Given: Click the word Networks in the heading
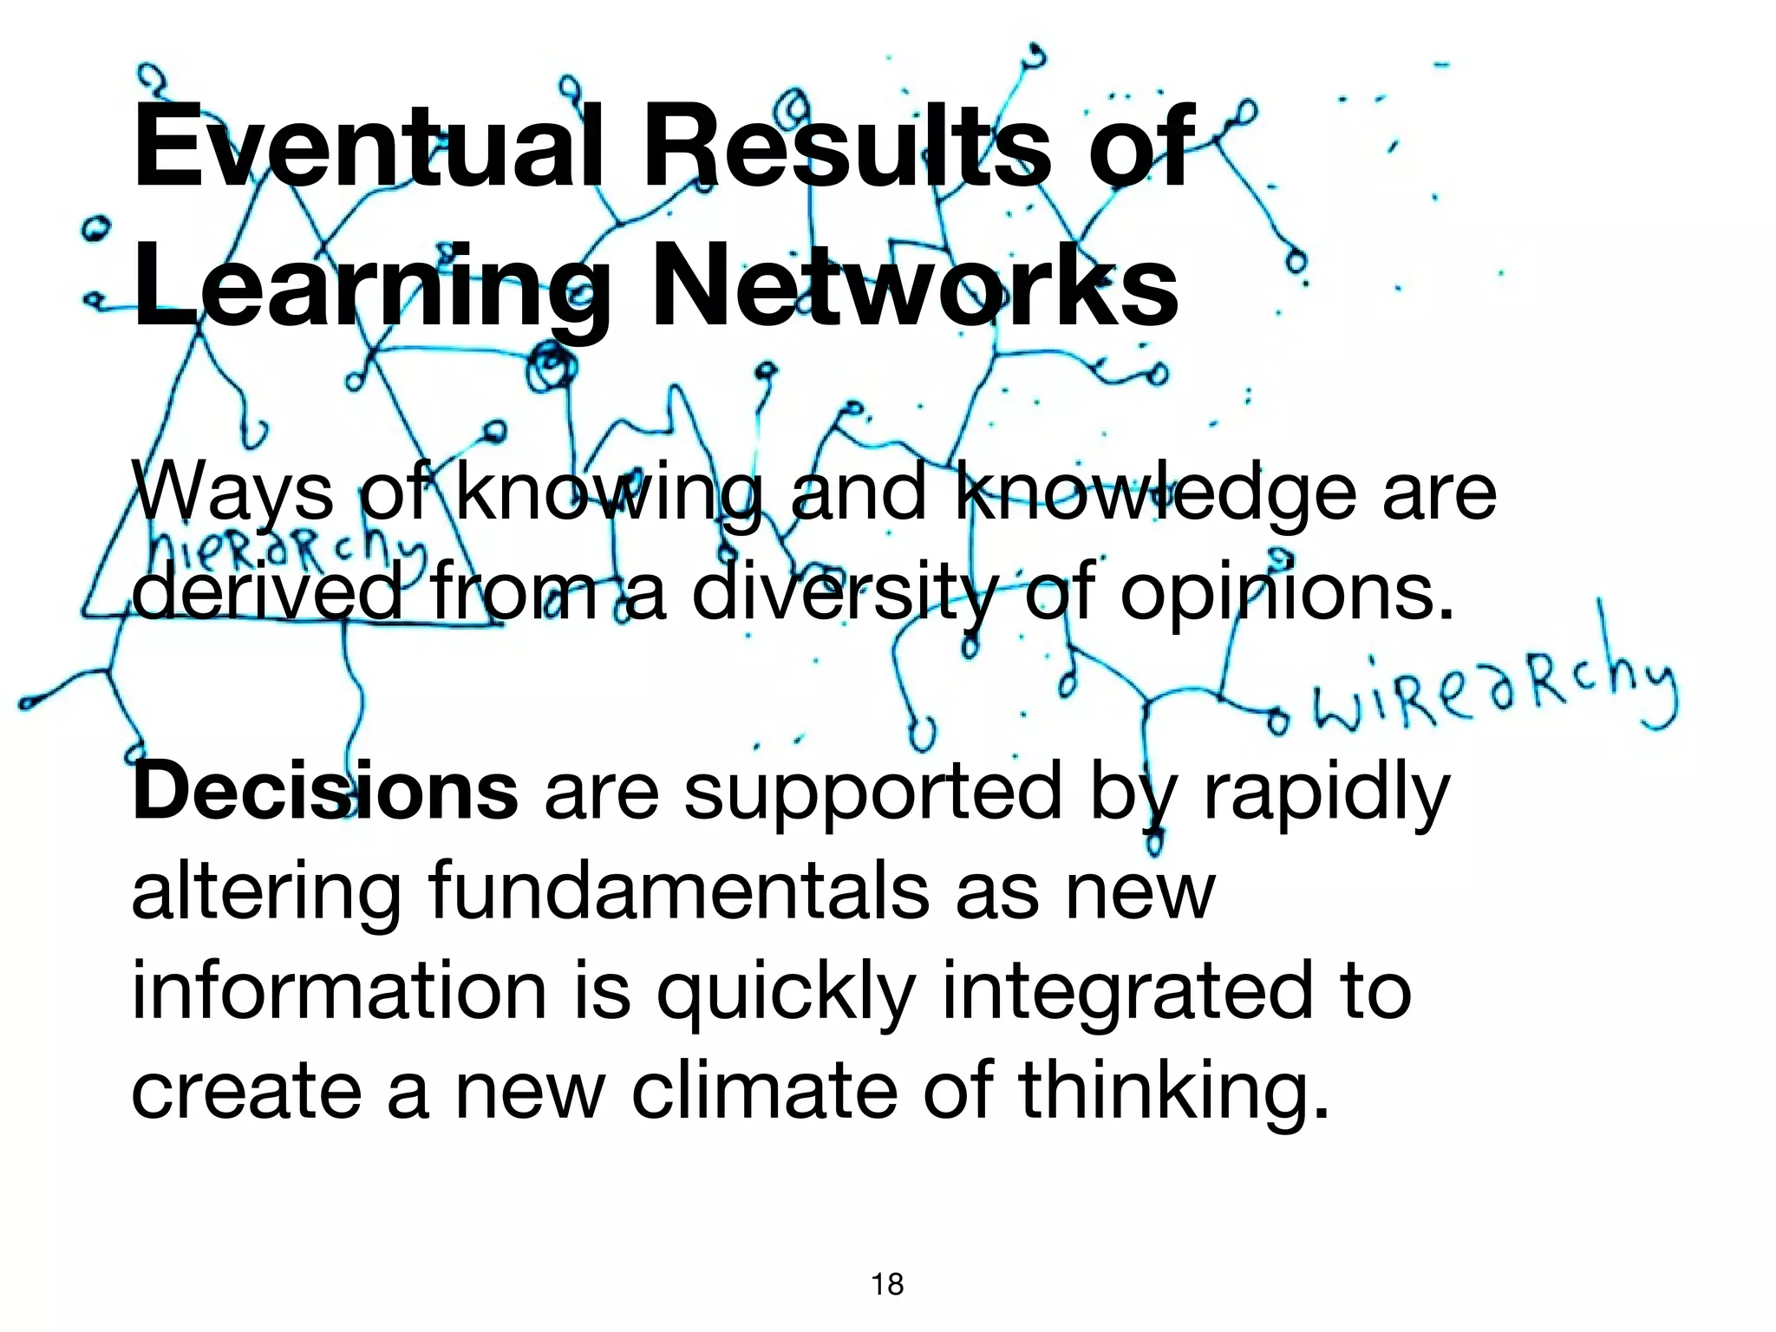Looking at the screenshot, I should coord(915,283).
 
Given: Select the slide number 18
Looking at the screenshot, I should coord(887,1284).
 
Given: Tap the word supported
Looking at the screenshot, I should coord(872,794).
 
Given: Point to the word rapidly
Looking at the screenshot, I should coord(1326,794).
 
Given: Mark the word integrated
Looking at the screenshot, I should coord(1126,994).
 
